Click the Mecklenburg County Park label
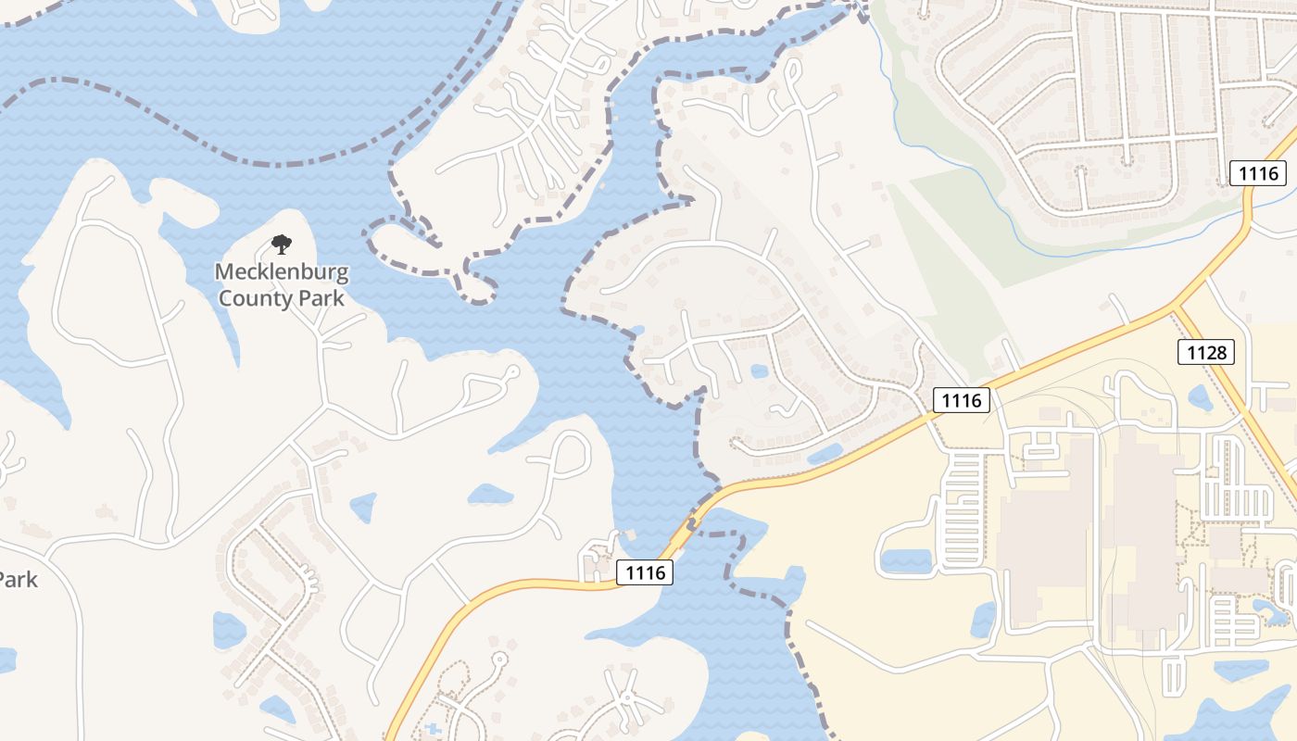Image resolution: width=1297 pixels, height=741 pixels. point(281,285)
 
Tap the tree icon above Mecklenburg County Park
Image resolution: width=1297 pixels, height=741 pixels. point(281,245)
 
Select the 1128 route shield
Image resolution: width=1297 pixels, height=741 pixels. point(1207,352)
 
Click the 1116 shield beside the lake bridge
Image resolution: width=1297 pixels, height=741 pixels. point(645,572)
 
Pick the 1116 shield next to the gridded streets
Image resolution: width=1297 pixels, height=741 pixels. point(1258,172)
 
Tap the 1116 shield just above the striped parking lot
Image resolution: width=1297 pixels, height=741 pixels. point(961,400)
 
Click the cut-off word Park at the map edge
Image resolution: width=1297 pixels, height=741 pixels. point(19,580)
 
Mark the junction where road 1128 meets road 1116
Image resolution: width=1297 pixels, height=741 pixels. point(1175,306)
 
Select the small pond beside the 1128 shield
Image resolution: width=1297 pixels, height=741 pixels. point(1200,398)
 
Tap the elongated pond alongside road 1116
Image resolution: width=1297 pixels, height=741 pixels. point(825,453)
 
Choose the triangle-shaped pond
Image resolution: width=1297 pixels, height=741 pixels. point(362,507)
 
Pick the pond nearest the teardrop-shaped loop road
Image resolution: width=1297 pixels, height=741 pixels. point(490,495)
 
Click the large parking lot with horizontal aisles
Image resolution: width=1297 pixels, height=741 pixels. point(964,509)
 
